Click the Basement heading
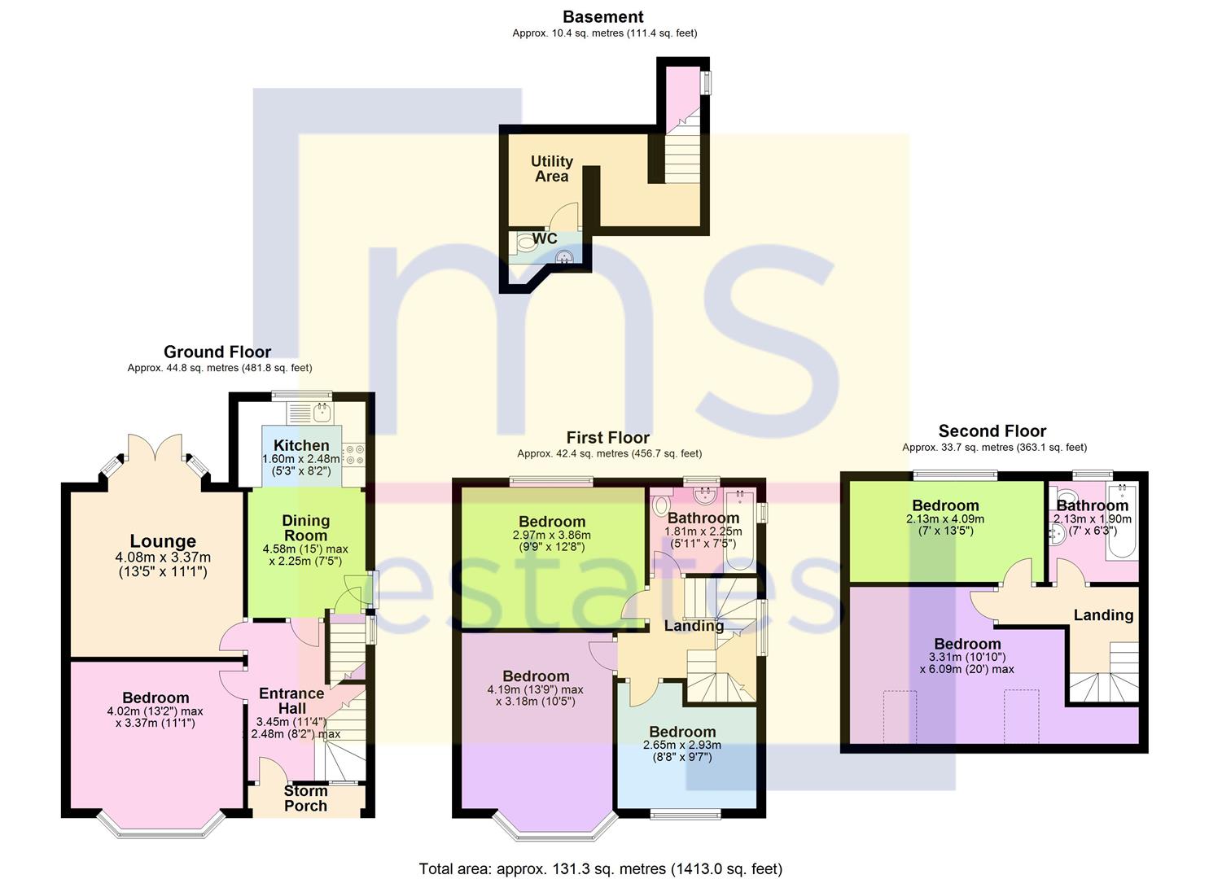[x=603, y=17]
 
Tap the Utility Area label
[x=552, y=169]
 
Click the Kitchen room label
[x=301, y=445]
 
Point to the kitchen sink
[x=322, y=413]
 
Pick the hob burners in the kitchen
[x=354, y=454]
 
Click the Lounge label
[x=163, y=541]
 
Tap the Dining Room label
[x=305, y=528]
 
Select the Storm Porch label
[x=305, y=798]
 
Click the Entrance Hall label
[x=292, y=701]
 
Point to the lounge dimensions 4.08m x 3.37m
[x=163, y=558]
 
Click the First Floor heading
[x=607, y=438]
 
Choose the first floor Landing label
[x=694, y=626]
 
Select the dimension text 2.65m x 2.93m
[x=682, y=746]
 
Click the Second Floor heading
[x=992, y=431]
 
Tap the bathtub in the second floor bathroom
[x=1122, y=523]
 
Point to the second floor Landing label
[x=1103, y=615]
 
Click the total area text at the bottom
[x=601, y=868]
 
